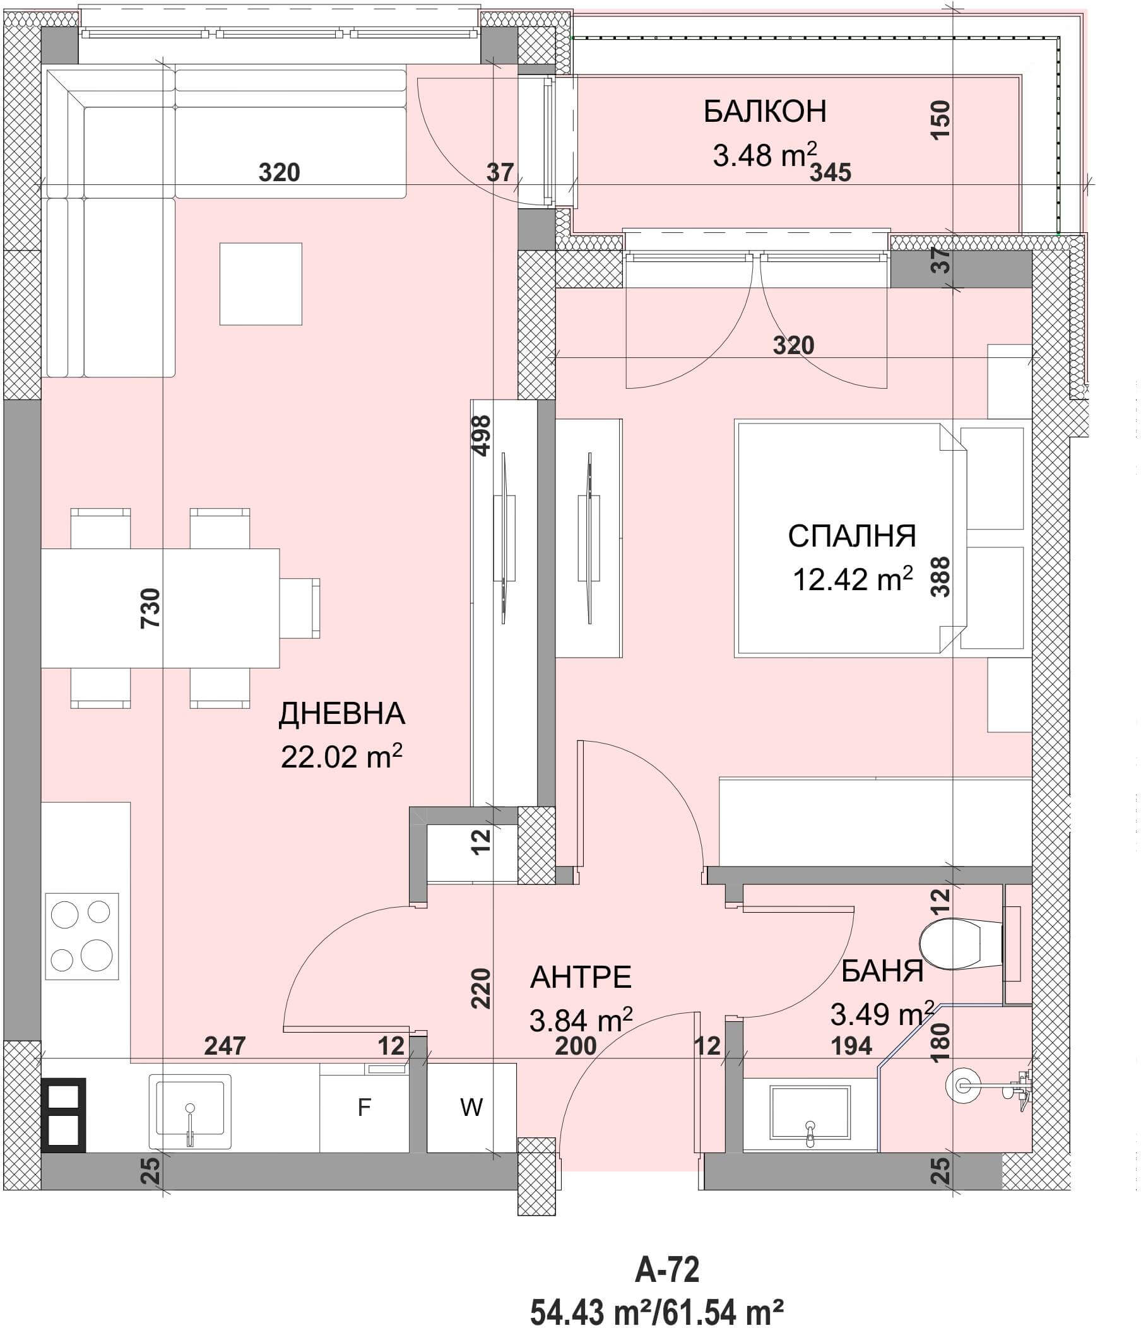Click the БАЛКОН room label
coord(764,112)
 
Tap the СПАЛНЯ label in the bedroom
coord(851,537)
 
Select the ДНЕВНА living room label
coord(341,714)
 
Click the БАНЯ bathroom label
coord(882,971)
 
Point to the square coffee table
coord(261,284)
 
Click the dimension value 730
coord(150,608)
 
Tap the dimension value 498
coord(481,436)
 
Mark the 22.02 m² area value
coord(341,757)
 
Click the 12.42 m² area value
coord(853,579)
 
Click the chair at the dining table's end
coord(300,608)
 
